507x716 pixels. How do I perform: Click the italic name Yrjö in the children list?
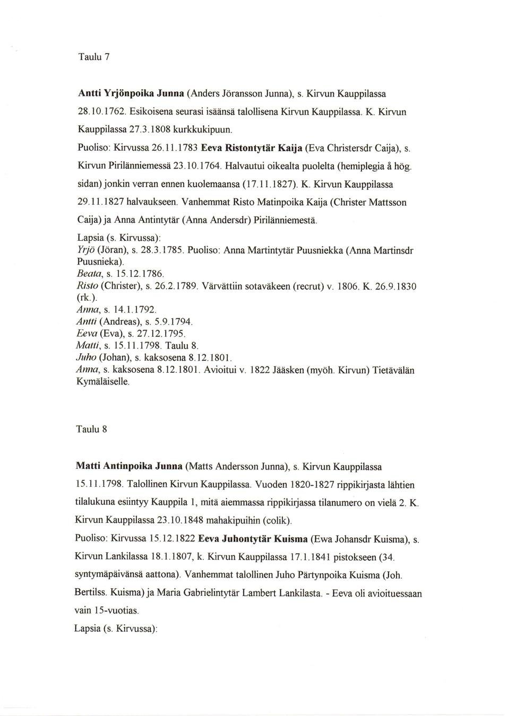pyautogui.click(x=87, y=250)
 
